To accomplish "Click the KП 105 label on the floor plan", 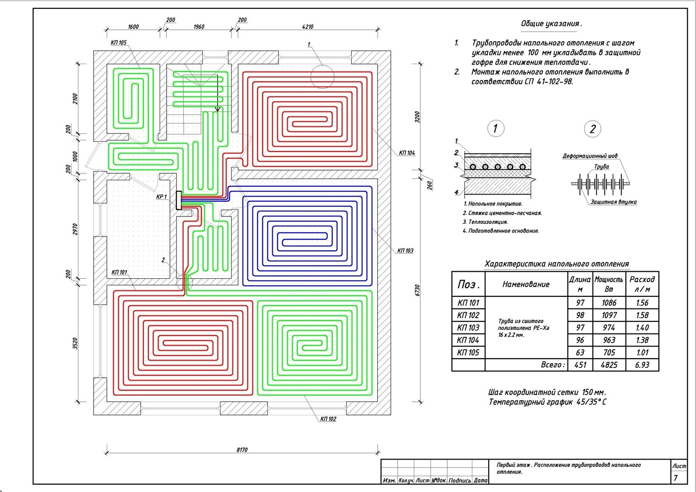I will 118,43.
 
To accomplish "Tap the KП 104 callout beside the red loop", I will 407,153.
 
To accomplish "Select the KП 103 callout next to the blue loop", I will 405,251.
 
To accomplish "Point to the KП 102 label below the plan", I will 328,419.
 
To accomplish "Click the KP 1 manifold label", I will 161,197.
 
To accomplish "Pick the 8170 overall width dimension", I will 242,450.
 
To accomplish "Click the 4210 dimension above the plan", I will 308,26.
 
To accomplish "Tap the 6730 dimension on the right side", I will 417,290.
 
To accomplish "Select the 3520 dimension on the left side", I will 76,343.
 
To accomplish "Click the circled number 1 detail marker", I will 496,128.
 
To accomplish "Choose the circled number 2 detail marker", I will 592,129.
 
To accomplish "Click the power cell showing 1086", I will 609,303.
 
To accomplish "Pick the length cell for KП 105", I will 580,353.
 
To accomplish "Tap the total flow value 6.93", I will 642,365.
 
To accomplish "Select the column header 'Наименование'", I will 526,284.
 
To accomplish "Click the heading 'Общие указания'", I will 551,24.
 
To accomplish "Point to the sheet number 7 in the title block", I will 676,478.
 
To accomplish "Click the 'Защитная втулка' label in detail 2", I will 613,202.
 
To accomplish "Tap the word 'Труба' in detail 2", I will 601,166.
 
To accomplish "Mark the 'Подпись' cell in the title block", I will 460,480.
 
